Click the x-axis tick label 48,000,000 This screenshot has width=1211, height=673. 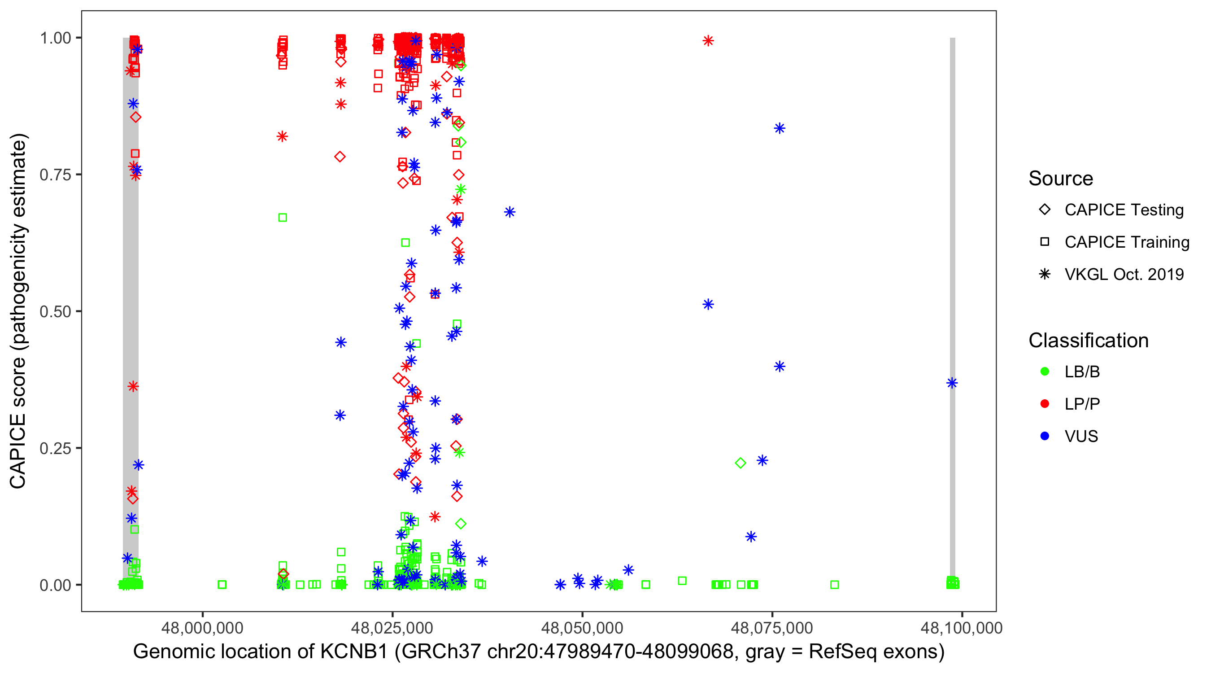pyautogui.click(x=202, y=628)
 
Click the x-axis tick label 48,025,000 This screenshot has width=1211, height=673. pyautogui.click(x=392, y=628)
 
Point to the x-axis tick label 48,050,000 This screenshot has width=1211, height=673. pyautogui.click(x=582, y=628)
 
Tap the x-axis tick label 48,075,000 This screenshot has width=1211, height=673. pyautogui.click(x=772, y=628)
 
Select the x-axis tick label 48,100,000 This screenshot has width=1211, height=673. pyautogui.click(x=961, y=628)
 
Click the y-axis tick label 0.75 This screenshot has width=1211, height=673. pyautogui.click(x=55, y=175)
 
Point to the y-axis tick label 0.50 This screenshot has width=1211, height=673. pyautogui.click(x=55, y=311)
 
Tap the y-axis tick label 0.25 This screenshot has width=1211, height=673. pyautogui.click(x=55, y=448)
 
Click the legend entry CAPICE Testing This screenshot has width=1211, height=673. pyautogui.click(x=1124, y=210)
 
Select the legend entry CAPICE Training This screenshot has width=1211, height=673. pyautogui.click(x=1126, y=242)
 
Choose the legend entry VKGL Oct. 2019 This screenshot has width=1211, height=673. pyautogui.click(x=1124, y=274)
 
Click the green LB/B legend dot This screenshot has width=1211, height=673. pyautogui.click(x=1045, y=371)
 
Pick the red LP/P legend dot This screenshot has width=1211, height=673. pyautogui.click(x=1045, y=404)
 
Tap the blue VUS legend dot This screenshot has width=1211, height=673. pyautogui.click(x=1045, y=436)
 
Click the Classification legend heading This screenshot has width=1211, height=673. pyautogui.click(x=1088, y=341)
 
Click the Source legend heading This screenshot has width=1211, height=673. pyautogui.click(x=1061, y=179)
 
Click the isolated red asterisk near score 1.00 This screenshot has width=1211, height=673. pyautogui.click(x=708, y=41)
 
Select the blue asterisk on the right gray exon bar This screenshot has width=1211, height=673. pyautogui.click(x=952, y=383)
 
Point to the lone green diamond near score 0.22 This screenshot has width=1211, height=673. pyautogui.click(x=741, y=463)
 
